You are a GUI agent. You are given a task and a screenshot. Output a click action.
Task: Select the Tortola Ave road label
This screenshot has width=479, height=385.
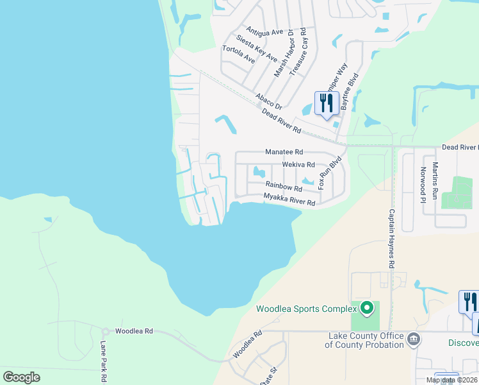coord(238,55)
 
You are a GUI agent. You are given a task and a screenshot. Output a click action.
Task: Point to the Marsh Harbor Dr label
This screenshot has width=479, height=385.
coord(284,53)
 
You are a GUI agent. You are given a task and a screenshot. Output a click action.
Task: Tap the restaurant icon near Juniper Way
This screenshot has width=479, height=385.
coord(327,103)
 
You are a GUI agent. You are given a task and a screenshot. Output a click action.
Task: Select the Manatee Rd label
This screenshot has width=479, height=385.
coord(284,152)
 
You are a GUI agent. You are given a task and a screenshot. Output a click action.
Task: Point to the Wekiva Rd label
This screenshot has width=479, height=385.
coord(298,165)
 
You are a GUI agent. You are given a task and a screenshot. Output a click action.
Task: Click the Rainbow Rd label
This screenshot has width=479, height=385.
coord(284,186)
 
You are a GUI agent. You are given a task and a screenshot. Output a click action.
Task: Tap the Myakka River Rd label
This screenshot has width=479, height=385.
coord(289,200)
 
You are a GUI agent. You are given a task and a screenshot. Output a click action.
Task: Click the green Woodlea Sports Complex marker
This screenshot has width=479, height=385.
coord(366,309)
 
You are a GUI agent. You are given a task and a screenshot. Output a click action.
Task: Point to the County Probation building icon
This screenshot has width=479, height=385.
coord(414,338)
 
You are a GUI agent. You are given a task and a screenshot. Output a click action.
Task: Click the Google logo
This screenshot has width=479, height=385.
coord(21,377)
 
